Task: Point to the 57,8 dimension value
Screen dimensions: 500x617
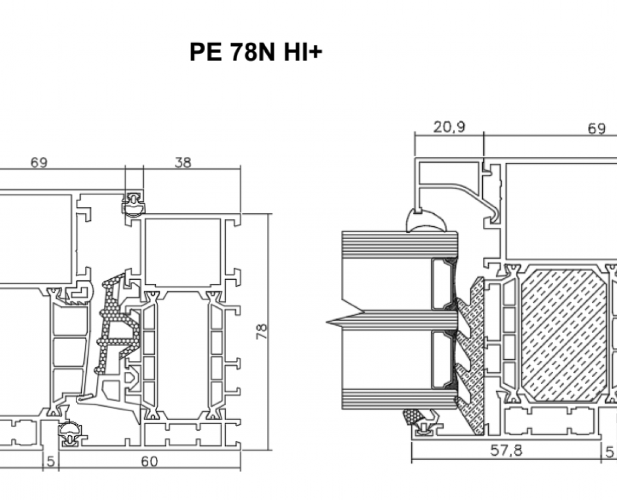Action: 506,451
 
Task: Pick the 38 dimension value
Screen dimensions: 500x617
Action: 183,162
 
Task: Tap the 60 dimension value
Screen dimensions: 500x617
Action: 149,461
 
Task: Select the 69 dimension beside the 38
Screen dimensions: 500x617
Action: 38,162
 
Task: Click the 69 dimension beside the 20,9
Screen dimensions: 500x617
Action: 596,129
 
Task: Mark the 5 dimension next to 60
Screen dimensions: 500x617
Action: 50,461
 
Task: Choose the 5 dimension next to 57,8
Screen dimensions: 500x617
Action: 610,451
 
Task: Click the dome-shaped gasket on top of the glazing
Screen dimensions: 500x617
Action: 426,221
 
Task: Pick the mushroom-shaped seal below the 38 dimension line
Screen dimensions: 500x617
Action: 133,204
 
